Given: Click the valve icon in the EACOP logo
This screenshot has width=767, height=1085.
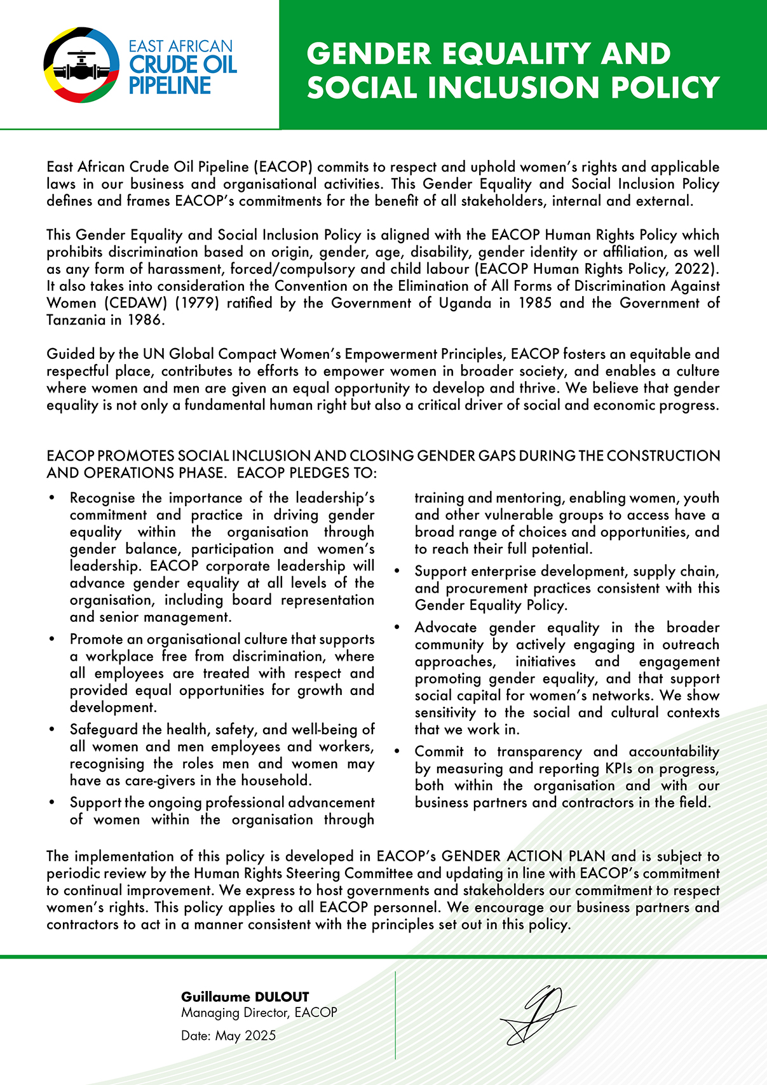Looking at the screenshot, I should pyautogui.click(x=81, y=65).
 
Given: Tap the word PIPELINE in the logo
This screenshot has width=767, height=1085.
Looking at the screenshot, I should pyautogui.click(x=170, y=86).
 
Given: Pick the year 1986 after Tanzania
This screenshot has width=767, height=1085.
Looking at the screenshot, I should pyautogui.click(x=145, y=320).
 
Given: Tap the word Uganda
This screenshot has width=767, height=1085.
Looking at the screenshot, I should pyautogui.click(x=465, y=303).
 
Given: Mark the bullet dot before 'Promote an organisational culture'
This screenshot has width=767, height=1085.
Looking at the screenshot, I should pyautogui.click(x=52, y=640).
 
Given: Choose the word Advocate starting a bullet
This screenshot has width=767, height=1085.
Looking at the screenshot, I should pyautogui.click(x=446, y=628).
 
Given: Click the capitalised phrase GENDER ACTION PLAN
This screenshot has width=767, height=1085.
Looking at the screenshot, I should pyautogui.click(x=524, y=856).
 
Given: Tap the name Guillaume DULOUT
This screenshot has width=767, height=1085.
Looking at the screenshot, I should pyautogui.click(x=245, y=997).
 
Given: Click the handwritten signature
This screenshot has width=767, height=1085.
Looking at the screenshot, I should pyautogui.click(x=538, y=1014).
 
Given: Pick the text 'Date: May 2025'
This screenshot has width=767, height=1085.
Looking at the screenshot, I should pyautogui.click(x=228, y=1036).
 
